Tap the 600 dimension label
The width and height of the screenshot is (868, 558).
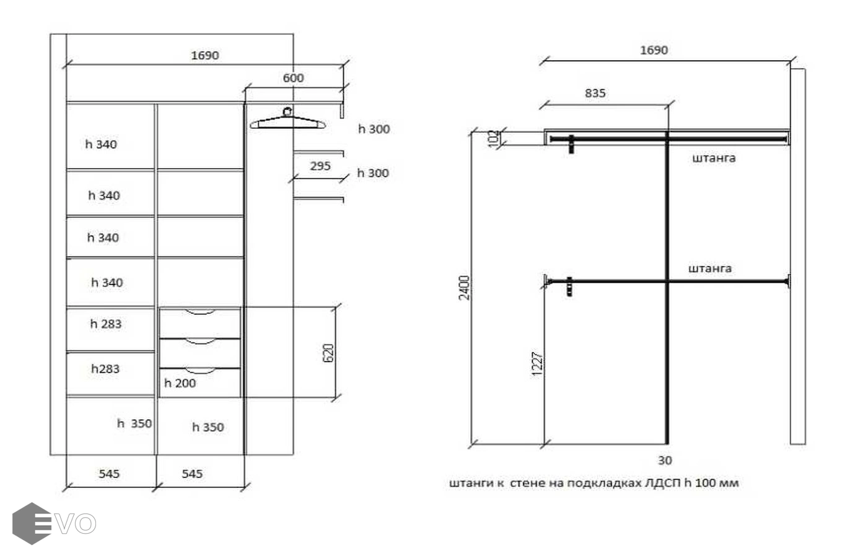pyautogui.click(x=293, y=78)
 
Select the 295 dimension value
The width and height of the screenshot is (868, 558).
pyautogui.click(x=320, y=166)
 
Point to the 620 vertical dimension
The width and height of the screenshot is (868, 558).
pyautogui.click(x=328, y=353)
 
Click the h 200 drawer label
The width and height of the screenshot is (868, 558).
pyautogui.click(x=180, y=383)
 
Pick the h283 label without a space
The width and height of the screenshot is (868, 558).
pyautogui.click(x=105, y=369)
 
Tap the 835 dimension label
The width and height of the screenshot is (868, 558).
pyautogui.click(x=595, y=93)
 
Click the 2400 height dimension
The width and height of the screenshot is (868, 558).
pyautogui.click(x=464, y=288)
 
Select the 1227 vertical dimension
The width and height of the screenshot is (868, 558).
pyautogui.click(x=537, y=364)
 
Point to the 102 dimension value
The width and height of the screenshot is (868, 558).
pyautogui.click(x=494, y=138)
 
